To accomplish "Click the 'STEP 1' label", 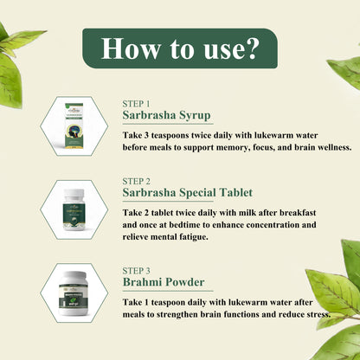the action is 136,104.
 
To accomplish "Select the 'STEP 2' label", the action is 136,182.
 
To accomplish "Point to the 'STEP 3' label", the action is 136,271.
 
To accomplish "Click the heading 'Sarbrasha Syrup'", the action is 166,115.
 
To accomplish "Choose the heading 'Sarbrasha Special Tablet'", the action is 188,193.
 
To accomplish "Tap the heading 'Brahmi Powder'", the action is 164,282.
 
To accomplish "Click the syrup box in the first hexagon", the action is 74,126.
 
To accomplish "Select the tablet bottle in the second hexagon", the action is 74,209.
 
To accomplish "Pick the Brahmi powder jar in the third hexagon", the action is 74,293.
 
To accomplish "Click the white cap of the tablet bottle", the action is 74,193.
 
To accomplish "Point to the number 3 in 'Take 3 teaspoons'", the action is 145,135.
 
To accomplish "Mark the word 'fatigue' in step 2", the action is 190,237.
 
